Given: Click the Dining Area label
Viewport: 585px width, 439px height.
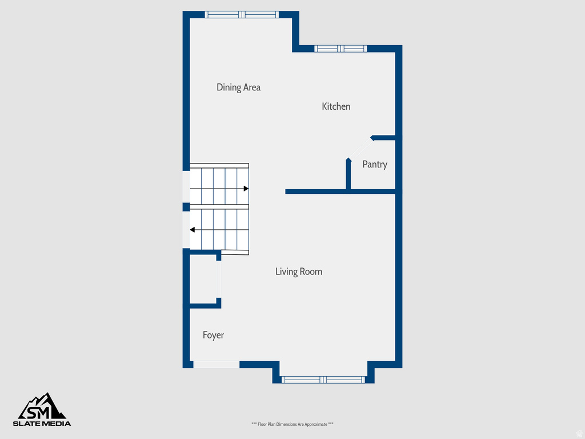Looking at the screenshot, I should point(238,87).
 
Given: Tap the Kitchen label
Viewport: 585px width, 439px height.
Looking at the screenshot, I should point(336,106).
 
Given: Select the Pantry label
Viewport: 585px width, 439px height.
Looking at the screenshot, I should point(375,165).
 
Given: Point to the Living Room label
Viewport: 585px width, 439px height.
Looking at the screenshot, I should point(298,272).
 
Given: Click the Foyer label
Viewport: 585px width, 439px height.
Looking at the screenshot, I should point(213,335).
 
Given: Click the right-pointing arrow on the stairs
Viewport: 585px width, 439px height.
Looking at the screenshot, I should point(246,188).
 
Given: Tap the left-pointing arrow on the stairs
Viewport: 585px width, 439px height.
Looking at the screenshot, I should point(193,230).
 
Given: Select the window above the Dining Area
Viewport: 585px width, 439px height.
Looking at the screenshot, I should point(242,15).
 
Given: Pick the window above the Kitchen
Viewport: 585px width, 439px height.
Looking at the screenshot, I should point(340,49).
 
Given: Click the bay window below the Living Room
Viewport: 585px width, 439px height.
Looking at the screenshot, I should point(323,380).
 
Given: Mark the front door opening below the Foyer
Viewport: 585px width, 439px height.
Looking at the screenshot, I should point(216,364).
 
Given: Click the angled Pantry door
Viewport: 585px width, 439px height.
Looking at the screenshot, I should point(360,148).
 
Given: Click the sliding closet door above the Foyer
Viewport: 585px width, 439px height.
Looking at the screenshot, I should point(218,280).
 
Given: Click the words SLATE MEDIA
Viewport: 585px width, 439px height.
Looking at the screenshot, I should point(42,424).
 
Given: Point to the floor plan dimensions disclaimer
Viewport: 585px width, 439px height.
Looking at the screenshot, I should point(292,424).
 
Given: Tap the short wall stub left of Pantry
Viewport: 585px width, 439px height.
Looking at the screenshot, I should point(348,174).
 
